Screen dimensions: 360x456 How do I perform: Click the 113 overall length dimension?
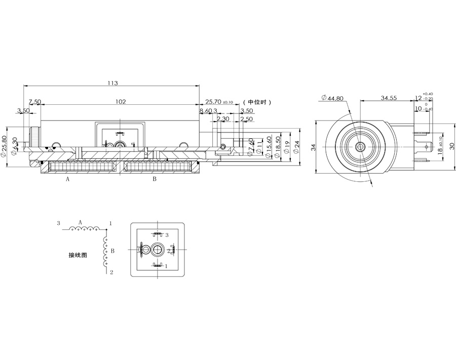[112, 83]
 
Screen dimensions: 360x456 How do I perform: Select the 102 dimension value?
[120, 102]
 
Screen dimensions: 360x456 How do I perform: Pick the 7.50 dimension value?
[34, 102]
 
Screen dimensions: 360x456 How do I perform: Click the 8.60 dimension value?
[205, 110]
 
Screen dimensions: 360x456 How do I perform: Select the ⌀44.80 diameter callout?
[332, 99]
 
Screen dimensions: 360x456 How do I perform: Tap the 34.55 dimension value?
[389, 97]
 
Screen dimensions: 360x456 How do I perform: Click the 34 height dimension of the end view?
[313, 147]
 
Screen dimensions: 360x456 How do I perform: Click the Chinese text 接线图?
[78, 255]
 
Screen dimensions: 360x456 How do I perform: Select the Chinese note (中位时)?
[257, 102]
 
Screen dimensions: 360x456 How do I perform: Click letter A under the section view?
[67, 179]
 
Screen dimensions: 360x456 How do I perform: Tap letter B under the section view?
[155, 179]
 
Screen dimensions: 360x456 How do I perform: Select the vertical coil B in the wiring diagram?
[106, 251]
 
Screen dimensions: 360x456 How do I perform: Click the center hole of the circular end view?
[360, 147]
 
